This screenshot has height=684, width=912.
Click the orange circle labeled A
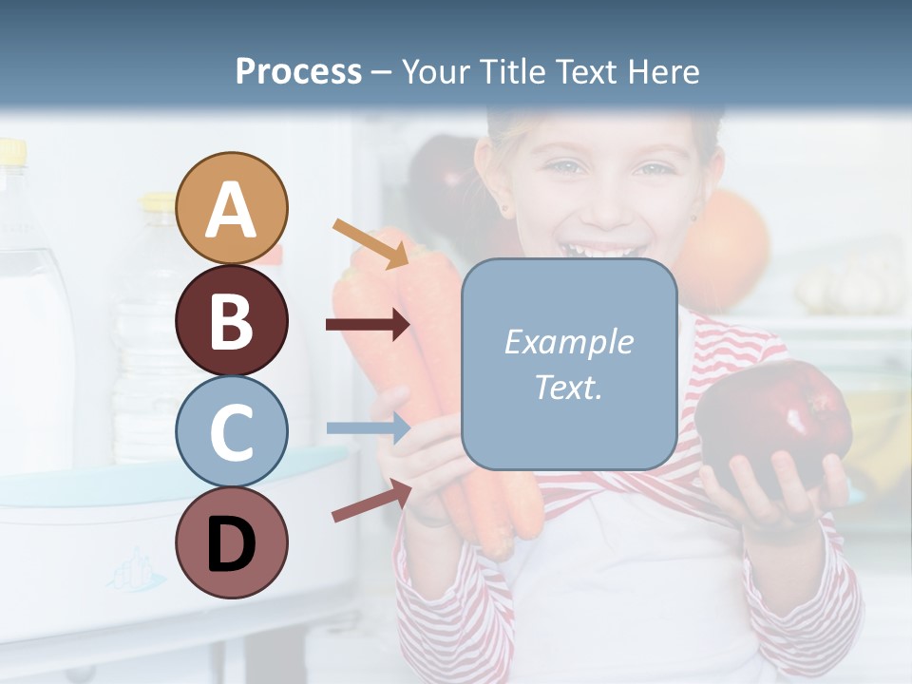pos(232,208)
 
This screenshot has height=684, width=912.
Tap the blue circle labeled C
pos(232,431)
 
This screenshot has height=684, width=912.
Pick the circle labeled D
pos(232,542)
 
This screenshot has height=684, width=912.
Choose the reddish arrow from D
pos(371,501)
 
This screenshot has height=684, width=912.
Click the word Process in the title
pos(298,71)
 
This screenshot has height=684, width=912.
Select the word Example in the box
pos(568,342)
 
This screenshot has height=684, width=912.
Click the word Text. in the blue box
pos(568,387)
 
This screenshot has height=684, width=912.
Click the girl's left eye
pos(654,170)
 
